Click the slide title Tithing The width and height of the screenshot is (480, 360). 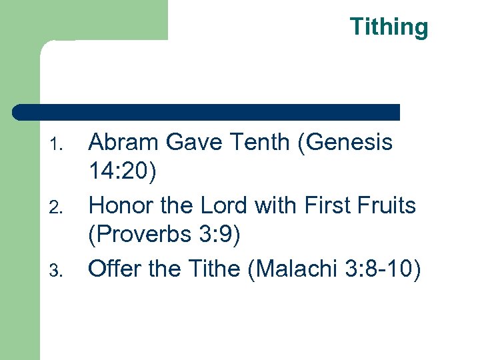click(389, 27)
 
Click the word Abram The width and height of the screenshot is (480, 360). click(117, 142)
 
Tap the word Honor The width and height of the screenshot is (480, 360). click(117, 205)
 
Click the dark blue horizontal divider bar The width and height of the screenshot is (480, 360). click(207, 112)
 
